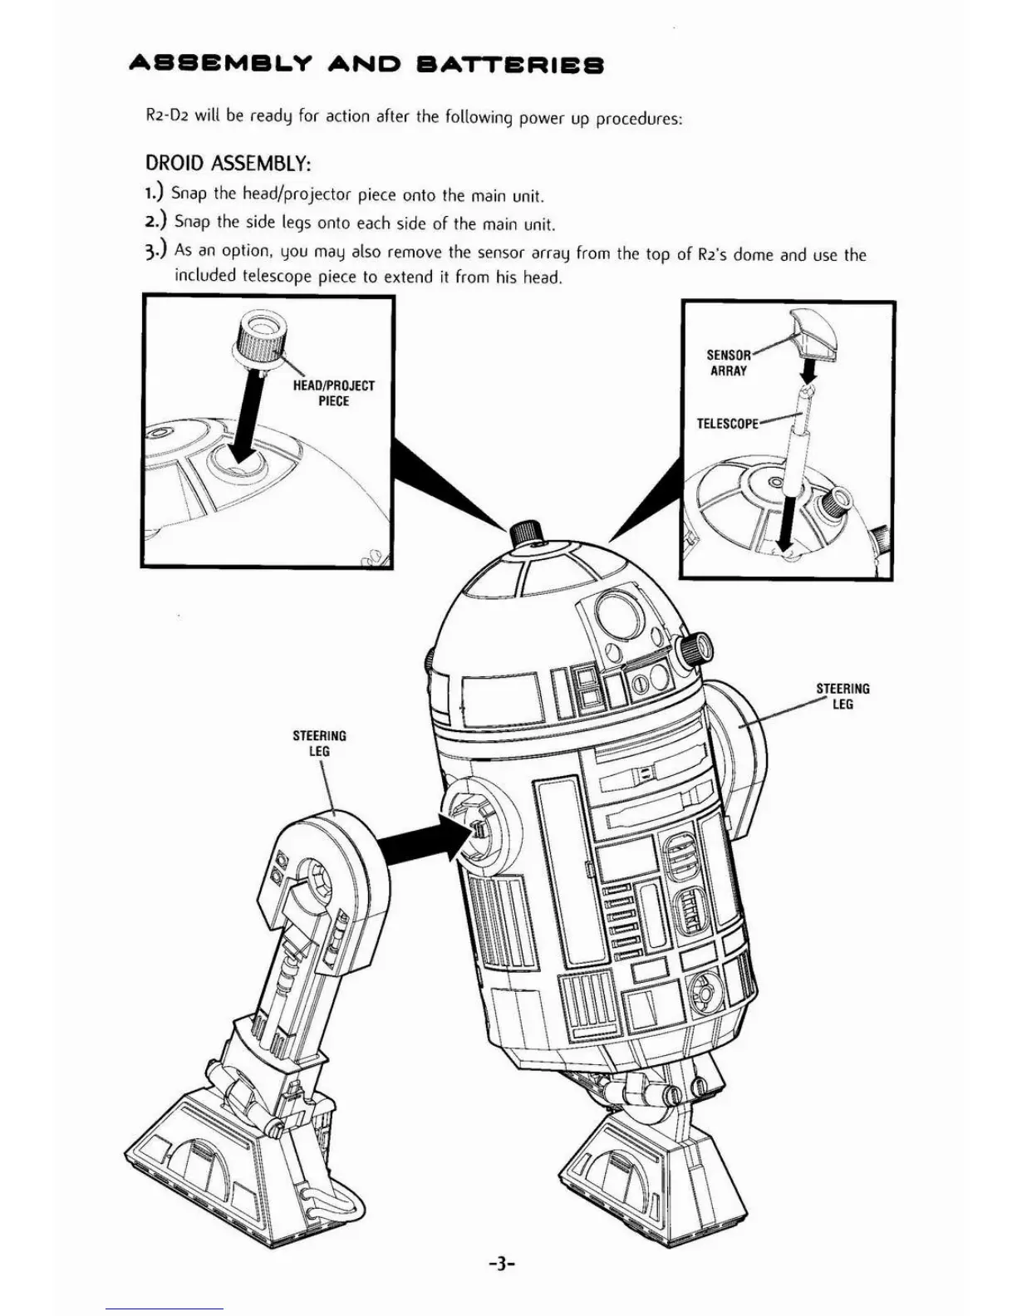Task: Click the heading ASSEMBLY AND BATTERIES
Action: click(366, 65)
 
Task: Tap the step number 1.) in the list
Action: click(155, 194)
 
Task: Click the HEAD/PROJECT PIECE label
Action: click(333, 393)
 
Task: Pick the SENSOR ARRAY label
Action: click(728, 362)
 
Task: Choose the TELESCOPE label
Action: click(727, 424)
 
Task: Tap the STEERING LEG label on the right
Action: click(843, 696)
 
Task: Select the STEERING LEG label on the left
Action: click(319, 743)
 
